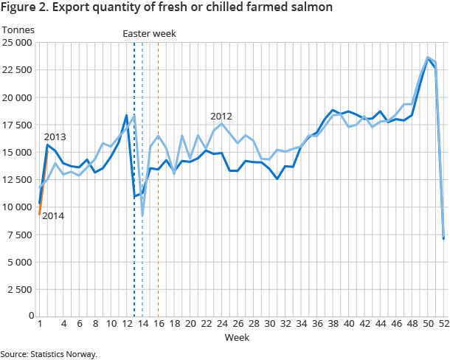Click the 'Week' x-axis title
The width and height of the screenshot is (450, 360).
click(x=237, y=337)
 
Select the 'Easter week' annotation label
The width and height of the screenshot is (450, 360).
click(x=149, y=34)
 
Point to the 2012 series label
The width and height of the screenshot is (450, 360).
click(x=221, y=117)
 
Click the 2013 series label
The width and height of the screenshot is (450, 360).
click(x=55, y=137)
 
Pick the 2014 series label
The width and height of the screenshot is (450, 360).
click(x=53, y=216)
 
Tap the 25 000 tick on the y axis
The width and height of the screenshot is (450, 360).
click(x=18, y=43)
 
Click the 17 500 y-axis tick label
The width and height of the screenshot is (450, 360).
click(x=18, y=125)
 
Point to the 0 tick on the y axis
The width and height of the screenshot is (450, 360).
click(x=30, y=316)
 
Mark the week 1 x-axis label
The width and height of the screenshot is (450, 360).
click(x=39, y=324)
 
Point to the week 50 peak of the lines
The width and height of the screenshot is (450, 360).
click(x=428, y=58)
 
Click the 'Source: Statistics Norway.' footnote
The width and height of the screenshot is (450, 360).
click(x=49, y=354)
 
